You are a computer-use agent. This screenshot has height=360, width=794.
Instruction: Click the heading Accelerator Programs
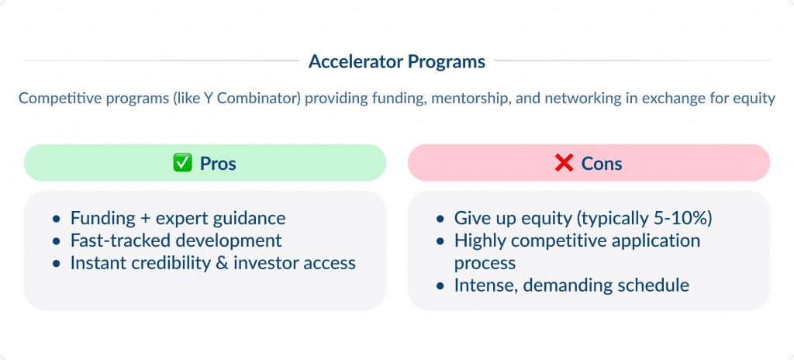coord(396,61)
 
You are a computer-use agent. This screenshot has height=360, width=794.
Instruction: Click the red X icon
coord(564,164)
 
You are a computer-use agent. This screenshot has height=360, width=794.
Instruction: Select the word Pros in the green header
coord(218,164)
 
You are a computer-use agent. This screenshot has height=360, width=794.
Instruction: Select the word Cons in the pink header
coord(602,164)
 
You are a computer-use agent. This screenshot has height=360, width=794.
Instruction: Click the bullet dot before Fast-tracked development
coord(57,241)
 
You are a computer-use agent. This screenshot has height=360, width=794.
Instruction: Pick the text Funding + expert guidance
coord(178,218)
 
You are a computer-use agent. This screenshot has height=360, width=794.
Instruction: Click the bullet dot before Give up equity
coord(440,219)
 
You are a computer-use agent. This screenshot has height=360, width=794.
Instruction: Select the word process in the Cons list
coord(485,263)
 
